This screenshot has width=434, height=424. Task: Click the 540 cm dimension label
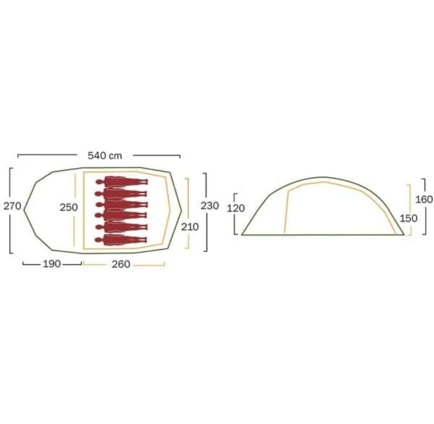pos(105,156)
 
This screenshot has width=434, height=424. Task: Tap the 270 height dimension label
pos(12,206)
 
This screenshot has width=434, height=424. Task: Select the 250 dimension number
pos(69,207)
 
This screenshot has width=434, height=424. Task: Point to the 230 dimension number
pos(210,205)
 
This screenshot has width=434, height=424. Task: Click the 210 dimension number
pos(190,227)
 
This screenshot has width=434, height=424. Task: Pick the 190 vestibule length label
pos(52,264)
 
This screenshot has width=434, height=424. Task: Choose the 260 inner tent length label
pos(121,264)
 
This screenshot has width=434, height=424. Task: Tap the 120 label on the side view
pos(236,208)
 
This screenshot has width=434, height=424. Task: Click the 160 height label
pos(424,199)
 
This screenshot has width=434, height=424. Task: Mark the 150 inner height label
pos(409,219)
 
